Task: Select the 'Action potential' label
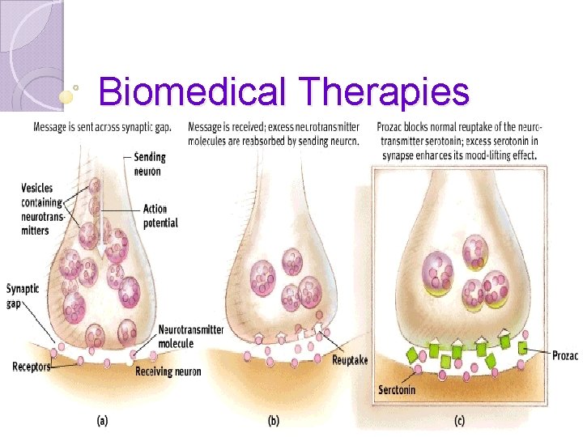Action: [160, 216]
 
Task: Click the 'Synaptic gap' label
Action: [23, 295]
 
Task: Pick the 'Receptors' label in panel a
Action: [32, 367]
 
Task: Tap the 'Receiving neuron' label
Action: [168, 371]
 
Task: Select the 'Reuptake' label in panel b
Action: [350, 360]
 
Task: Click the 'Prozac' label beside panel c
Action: [565, 354]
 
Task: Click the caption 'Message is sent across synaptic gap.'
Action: [101, 127]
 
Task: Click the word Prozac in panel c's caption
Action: [393, 127]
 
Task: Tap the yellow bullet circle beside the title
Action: [66, 95]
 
